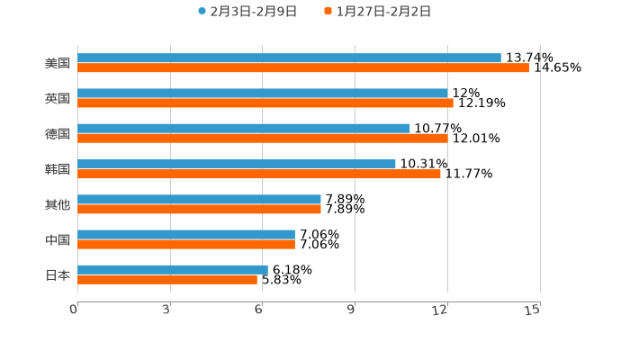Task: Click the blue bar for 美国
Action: (289, 58)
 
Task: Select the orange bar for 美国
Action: (303, 68)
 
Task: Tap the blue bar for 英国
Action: (263, 94)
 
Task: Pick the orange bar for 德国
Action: (263, 139)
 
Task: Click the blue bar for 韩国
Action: (237, 164)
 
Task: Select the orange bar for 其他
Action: (199, 210)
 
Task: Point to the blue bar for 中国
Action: (186, 234)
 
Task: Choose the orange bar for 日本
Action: (167, 280)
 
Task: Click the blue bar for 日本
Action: (173, 269)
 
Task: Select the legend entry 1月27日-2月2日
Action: (382, 12)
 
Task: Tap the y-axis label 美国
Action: (58, 64)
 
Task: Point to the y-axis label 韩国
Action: (58, 169)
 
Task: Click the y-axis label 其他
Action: (58, 204)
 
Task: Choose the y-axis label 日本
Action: (58, 274)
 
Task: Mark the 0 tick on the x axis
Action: (75, 310)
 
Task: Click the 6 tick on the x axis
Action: (259, 310)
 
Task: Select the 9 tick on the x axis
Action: (352, 310)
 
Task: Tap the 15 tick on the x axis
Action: (533, 310)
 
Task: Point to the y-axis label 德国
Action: (58, 134)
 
